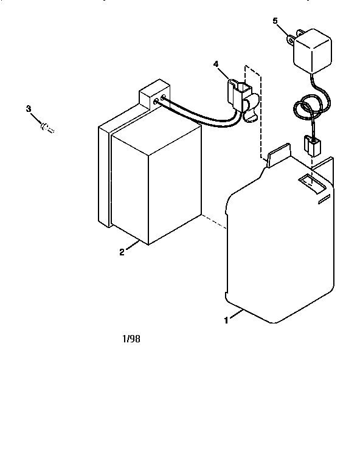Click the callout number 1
(226, 320)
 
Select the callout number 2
(122, 252)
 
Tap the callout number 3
(29, 109)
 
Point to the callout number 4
(216, 64)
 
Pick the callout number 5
(275, 21)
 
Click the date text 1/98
(131, 339)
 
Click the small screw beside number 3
(47, 128)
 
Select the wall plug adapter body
(313, 51)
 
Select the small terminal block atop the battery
(154, 94)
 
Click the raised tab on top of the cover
(279, 154)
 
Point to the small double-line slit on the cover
(324, 199)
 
